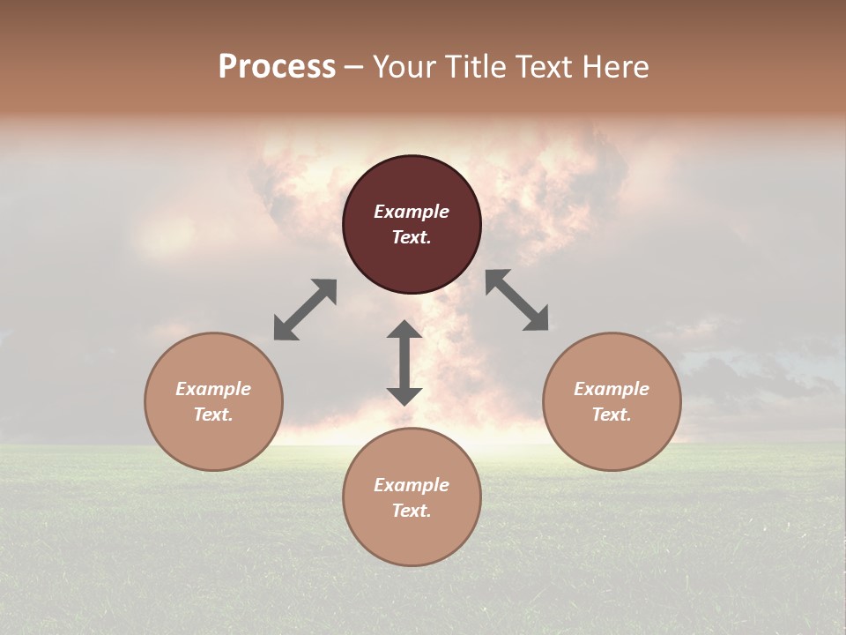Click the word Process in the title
(x=277, y=67)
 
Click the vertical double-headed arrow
(x=404, y=362)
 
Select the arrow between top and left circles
(x=305, y=310)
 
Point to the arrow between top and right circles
(x=517, y=301)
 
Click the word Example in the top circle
(x=412, y=212)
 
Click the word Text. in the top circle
(x=412, y=237)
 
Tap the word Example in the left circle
(x=213, y=389)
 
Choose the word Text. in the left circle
(x=213, y=415)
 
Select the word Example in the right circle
(x=612, y=389)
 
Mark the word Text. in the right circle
(x=612, y=415)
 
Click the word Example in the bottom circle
(x=412, y=485)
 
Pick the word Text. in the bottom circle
(x=412, y=511)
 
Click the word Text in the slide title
(x=545, y=67)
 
